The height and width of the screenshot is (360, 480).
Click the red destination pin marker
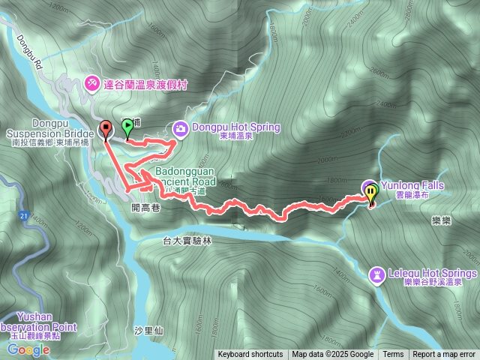[x=105, y=129]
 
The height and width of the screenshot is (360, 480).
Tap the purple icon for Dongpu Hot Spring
[x=181, y=127]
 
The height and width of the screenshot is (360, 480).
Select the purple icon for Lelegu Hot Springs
[x=376, y=274]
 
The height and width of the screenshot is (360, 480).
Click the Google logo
[x=29, y=349]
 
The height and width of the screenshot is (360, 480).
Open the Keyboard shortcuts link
[x=250, y=354]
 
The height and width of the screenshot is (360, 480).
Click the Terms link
[x=393, y=354]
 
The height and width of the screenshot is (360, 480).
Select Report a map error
[x=444, y=354]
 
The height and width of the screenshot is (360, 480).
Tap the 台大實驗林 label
[x=187, y=241]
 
